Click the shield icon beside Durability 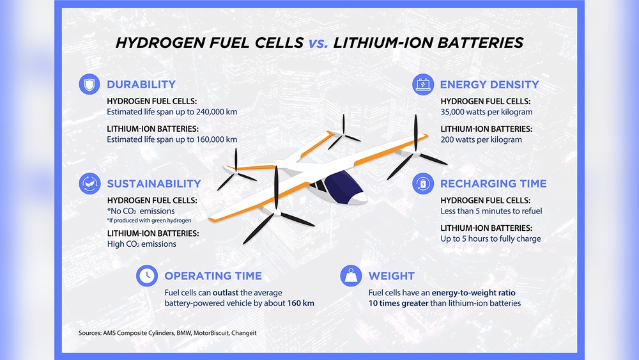89,84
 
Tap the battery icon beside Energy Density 422,84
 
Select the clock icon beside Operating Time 148,276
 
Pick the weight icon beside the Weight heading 351,276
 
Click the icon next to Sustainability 89,184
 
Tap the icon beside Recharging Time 422,184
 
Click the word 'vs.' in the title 318,43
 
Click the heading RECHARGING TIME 493,184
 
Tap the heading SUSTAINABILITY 154,184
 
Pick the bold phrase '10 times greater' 401,303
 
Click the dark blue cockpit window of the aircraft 344,188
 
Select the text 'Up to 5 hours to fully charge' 490,239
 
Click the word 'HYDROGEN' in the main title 164,43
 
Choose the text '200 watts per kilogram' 481,139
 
